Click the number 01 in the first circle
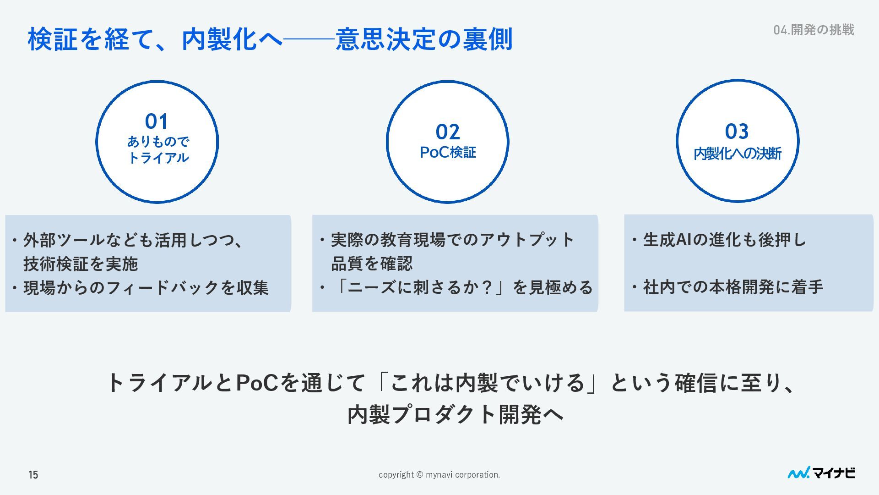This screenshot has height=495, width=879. pos(157,122)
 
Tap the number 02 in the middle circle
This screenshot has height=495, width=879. pos(447,132)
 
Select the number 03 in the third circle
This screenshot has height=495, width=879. pos(737,132)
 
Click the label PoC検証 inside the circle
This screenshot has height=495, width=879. pos(448,153)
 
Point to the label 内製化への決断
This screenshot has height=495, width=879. pos(737,154)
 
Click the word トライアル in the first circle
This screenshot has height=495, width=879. pos(158,158)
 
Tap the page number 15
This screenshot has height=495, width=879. pos(33,475)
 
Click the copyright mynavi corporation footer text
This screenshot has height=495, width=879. pos(439,475)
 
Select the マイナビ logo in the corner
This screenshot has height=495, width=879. pos(821,473)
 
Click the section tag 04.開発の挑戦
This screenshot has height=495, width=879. pos(814,30)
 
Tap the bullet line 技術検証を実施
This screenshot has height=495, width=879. pos(81,264)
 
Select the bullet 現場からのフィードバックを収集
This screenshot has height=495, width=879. pos(146,288)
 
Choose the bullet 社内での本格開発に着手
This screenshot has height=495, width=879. pos(732,287)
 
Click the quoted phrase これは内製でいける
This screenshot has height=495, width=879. pos(488,383)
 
